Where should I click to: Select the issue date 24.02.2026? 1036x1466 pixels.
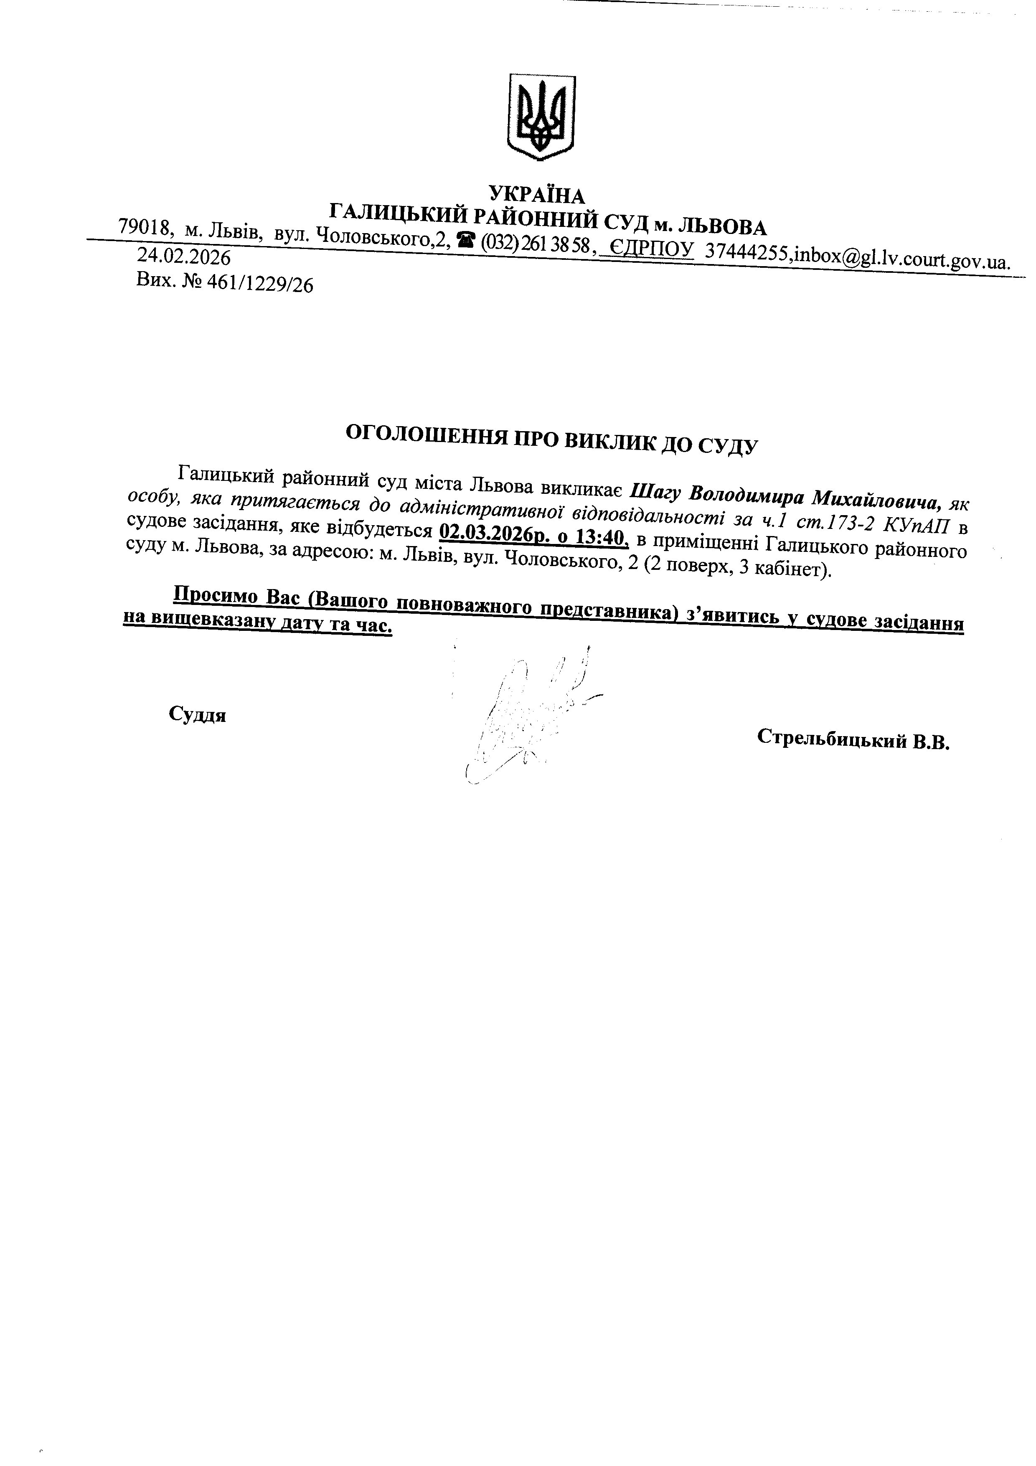184,257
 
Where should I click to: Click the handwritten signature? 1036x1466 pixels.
523,715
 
